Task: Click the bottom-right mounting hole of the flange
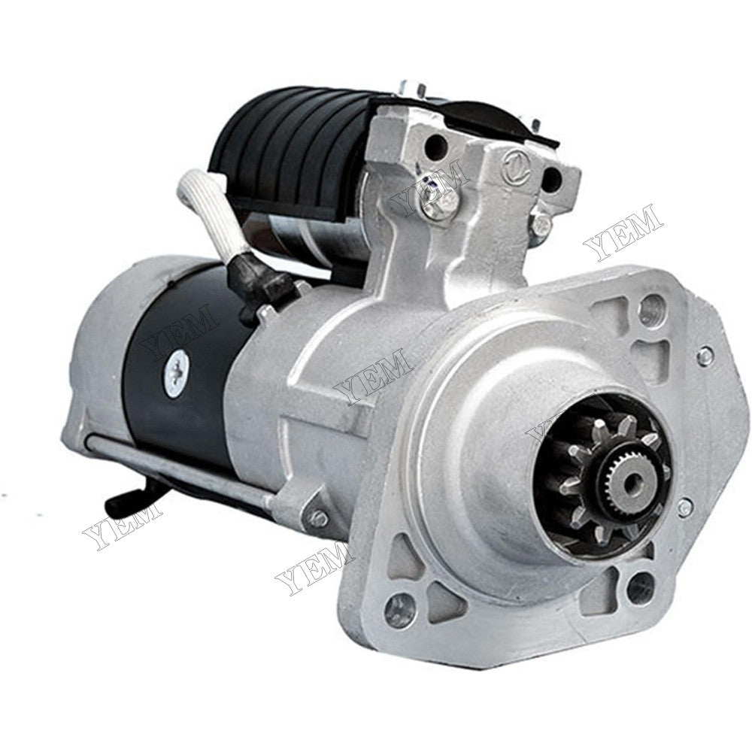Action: click(640, 588)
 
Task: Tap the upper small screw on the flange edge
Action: click(705, 356)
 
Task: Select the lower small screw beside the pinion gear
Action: click(684, 508)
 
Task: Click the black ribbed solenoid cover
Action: click(301, 150)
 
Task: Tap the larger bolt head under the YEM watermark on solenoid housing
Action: click(448, 202)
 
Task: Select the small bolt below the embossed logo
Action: click(540, 222)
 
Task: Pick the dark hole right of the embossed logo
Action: click(551, 179)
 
